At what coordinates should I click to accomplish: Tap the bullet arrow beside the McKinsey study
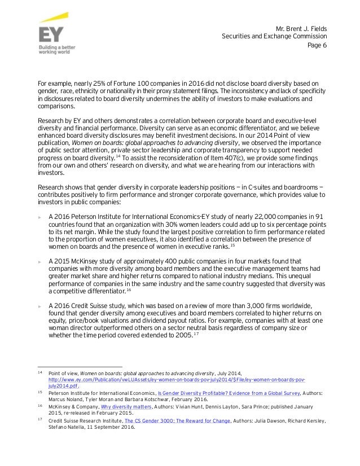point(39,261)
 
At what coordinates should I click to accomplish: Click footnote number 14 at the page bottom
point(39,373)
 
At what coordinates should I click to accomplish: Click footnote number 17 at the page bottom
point(39,420)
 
